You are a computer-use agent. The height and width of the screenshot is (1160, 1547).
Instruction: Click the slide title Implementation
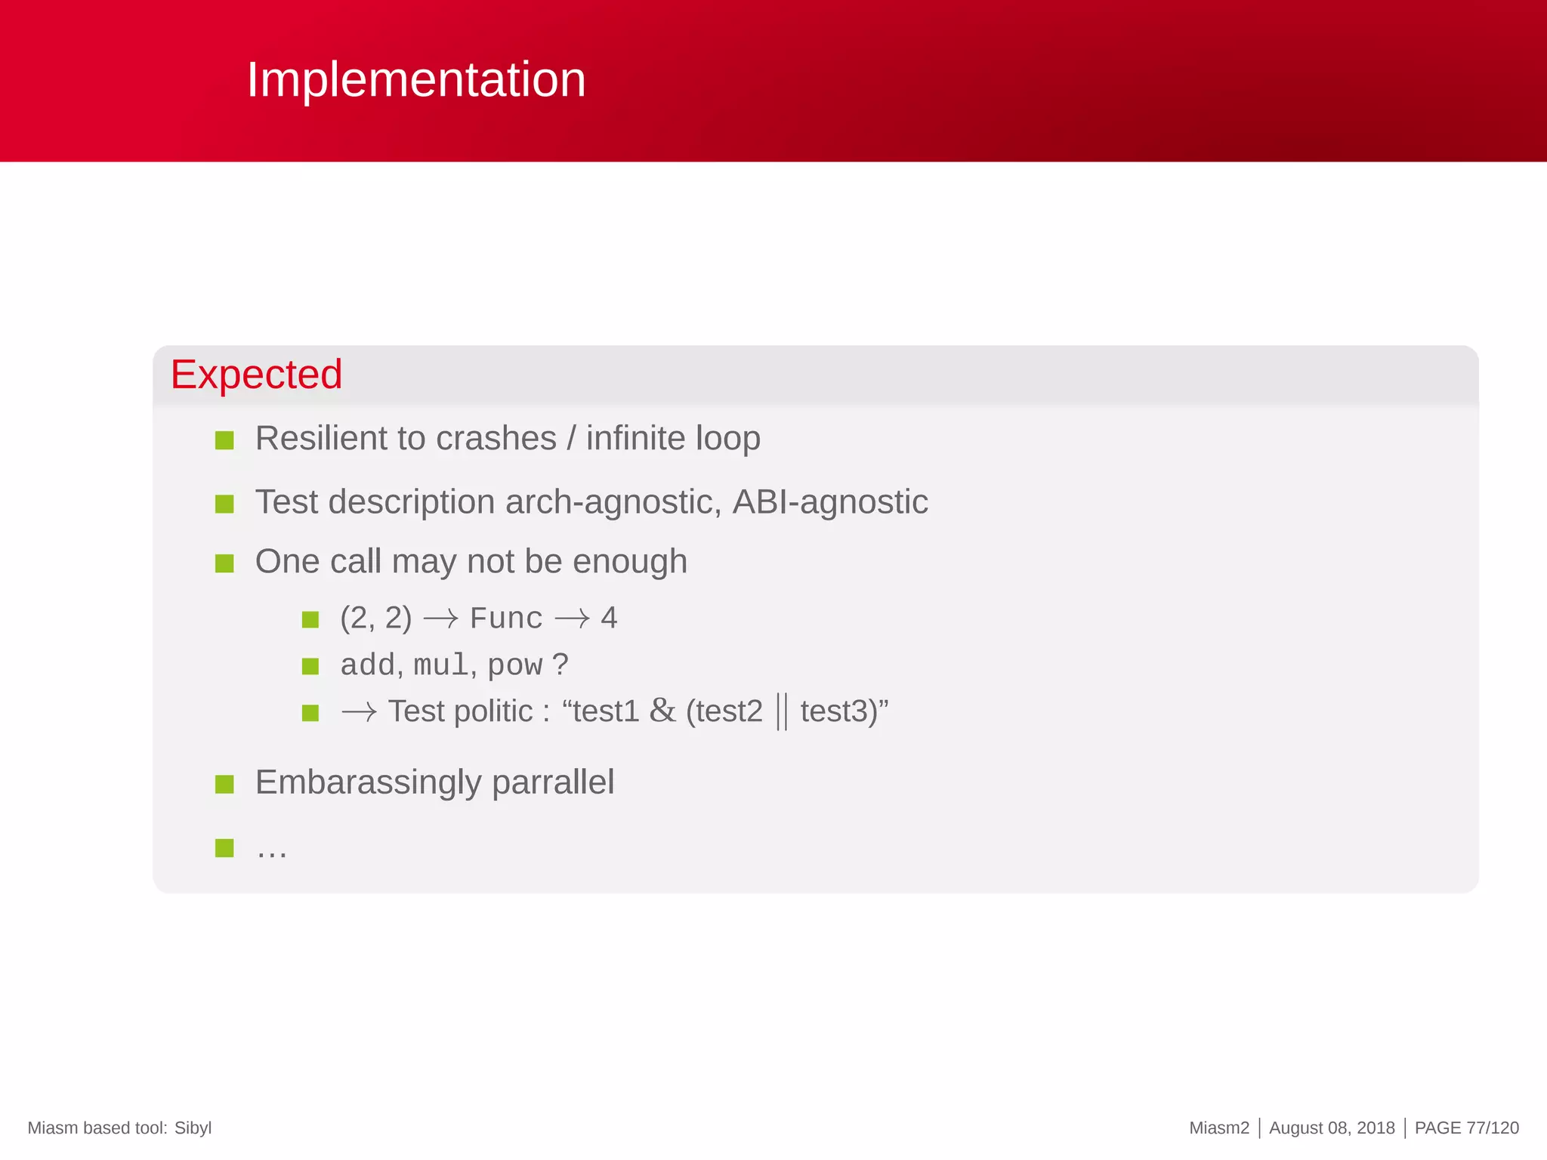click(416, 79)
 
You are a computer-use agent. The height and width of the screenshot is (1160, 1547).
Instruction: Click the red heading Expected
click(256, 375)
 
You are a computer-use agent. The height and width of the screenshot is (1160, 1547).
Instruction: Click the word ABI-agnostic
click(829, 502)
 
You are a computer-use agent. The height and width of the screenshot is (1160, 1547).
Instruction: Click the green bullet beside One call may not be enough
click(224, 563)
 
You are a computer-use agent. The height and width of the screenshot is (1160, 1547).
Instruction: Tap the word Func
click(505, 619)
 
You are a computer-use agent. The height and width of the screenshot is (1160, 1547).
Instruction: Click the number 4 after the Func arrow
click(609, 619)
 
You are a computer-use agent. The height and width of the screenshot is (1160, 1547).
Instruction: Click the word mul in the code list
click(440, 665)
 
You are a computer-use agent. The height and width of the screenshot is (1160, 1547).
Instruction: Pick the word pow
click(514, 666)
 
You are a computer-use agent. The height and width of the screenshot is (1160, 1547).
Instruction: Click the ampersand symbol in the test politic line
click(662, 711)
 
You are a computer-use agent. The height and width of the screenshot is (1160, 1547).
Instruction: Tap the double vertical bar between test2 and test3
click(782, 712)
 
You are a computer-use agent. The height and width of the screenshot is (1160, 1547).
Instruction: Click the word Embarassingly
click(368, 782)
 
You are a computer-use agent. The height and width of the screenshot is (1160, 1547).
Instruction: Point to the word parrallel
click(553, 782)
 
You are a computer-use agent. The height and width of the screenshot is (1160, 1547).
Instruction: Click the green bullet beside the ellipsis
click(224, 848)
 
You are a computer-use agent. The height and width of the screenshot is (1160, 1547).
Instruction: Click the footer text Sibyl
click(193, 1128)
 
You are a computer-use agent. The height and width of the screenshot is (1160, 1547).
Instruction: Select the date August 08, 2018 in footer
click(1332, 1128)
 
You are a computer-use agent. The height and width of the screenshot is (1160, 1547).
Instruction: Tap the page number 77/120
click(1492, 1128)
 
